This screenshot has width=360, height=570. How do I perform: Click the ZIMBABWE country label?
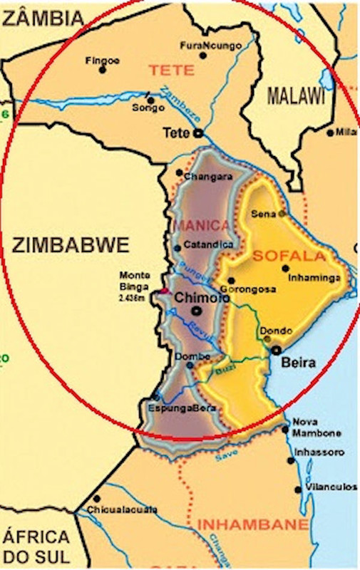(71, 246)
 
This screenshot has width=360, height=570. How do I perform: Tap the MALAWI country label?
(294, 95)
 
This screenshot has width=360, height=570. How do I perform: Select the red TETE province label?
(171, 71)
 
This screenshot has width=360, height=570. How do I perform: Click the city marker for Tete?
(199, 133)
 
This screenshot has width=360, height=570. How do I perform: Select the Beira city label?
(299, 363)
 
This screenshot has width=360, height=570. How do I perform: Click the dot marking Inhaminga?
(286, 269)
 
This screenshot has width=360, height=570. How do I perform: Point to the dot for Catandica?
(178, 248)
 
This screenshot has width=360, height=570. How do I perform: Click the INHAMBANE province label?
(252, 525)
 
